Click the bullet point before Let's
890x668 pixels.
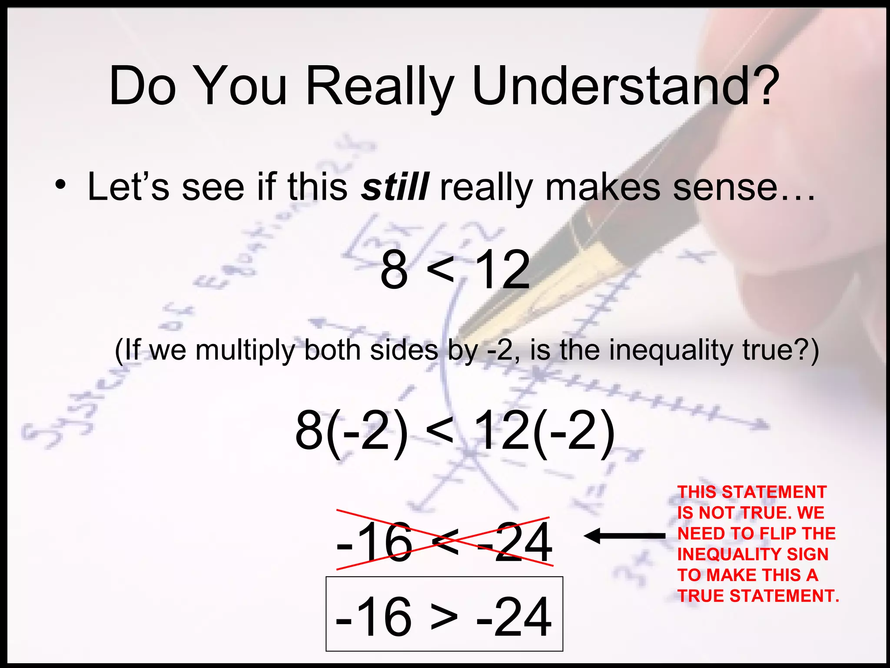[60, 186]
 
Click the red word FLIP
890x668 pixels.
[764, 534]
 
